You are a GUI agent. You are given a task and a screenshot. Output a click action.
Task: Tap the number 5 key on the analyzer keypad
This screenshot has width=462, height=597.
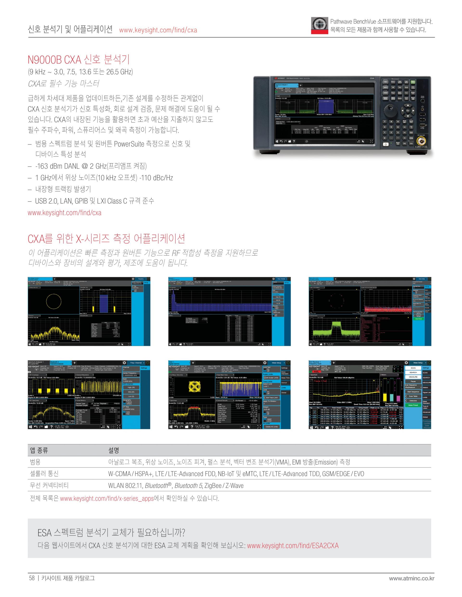point(391,127)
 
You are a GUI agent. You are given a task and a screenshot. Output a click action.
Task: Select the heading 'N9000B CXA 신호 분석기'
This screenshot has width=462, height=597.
point(79,59)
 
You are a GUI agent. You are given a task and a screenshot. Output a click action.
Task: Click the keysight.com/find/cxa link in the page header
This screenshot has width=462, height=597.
point(158,30)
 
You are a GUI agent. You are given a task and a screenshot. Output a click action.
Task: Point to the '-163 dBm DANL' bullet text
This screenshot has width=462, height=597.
point(91,166)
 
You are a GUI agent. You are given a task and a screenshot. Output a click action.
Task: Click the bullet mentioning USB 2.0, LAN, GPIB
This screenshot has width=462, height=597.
point(94,201)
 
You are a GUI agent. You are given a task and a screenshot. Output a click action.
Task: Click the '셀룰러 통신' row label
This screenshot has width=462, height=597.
point(44,474)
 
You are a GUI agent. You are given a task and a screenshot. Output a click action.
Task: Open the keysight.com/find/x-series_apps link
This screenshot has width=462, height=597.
point(107,498)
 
